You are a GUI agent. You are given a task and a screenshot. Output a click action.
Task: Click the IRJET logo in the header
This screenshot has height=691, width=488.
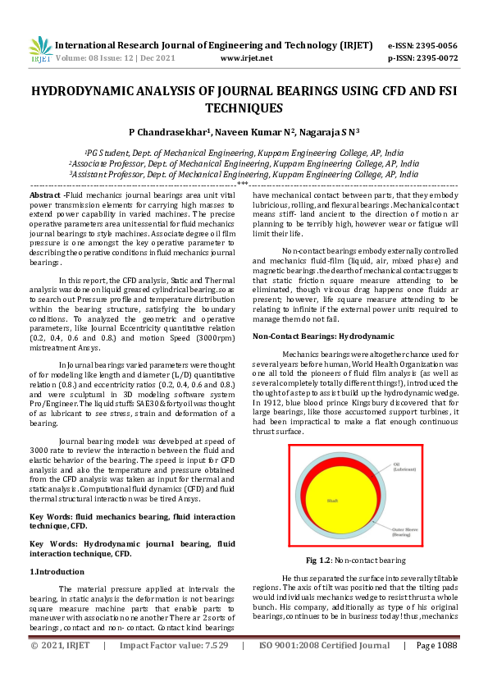40,49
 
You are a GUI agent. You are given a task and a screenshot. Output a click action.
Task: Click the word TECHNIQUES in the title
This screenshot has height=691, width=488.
244,108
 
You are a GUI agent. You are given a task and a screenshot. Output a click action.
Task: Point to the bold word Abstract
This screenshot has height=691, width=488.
44,194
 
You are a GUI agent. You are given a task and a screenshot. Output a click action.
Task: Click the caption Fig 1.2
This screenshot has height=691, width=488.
318,561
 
